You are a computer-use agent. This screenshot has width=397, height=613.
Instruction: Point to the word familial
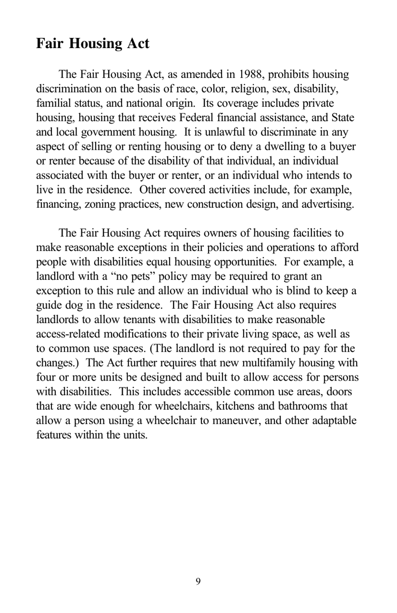[51, 103]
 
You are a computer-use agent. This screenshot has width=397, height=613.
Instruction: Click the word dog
[75, 305]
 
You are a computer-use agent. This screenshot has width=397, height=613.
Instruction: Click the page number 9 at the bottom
[198, 581]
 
